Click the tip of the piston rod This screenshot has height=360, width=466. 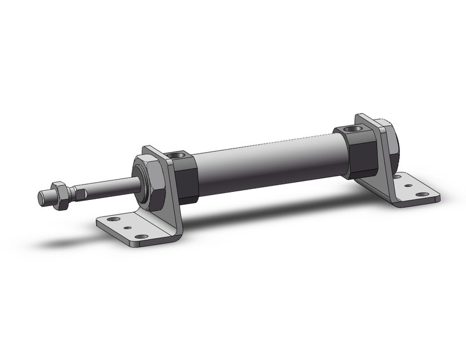tap(42, 199)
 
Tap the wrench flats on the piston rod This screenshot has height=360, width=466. tap(79, 194)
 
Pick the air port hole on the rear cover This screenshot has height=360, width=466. tap(351, 129)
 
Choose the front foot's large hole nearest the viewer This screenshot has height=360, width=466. tap(141, 236)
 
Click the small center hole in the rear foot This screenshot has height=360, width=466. tap(408, 185)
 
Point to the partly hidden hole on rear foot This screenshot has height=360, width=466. tap(397, 177)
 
